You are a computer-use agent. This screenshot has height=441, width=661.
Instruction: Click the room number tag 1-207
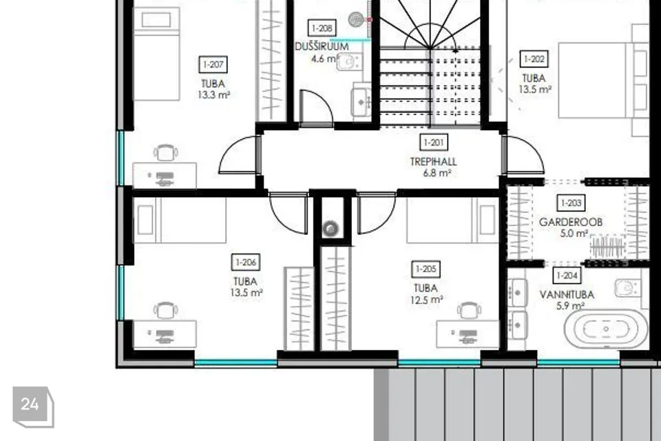point(213,65)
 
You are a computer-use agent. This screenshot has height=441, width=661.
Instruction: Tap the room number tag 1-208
point(322,28)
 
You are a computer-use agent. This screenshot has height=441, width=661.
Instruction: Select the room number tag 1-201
point(434,143)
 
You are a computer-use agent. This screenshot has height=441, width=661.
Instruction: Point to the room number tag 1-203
point(571,203)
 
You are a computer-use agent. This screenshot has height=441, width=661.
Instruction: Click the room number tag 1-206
point(246,262)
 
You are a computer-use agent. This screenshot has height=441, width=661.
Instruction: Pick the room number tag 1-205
point(426,269)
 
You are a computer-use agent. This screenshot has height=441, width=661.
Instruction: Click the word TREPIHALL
point(433,162)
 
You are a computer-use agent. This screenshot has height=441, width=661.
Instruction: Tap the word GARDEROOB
point(570,222)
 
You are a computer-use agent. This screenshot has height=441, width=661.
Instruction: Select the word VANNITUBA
point(567,294)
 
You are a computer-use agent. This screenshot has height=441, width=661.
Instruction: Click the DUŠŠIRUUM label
point(322,46)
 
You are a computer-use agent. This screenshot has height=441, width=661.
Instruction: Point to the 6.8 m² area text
point(437,173)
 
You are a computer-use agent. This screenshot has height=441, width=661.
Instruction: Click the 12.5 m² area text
point(426,300)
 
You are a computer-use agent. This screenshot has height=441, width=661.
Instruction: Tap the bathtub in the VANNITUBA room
point(606,329)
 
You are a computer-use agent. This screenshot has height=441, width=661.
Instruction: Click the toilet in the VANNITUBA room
point(628,288)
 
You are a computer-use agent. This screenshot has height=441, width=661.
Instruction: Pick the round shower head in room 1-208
point(356,19)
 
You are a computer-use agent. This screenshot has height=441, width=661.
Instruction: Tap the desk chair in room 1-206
point(165,311)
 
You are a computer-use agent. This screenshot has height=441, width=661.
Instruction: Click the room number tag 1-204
point(567,276)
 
